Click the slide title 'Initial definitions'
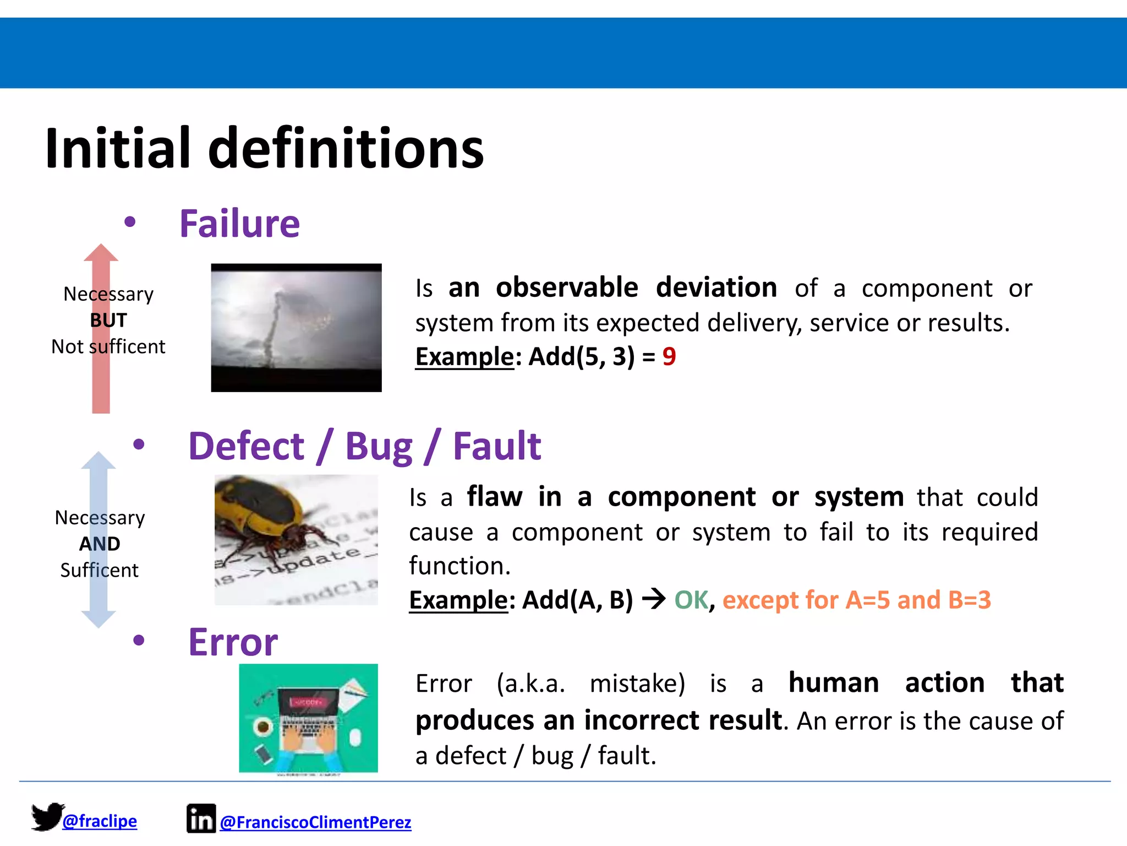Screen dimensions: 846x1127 coord(264,149)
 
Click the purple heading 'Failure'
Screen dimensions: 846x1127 coord(239,224)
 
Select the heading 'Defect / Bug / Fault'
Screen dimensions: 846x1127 coord(364,446)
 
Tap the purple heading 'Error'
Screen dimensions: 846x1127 coord(233,642)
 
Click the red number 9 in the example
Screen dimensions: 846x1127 coord(669,357)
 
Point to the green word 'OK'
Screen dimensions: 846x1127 coord(691,600)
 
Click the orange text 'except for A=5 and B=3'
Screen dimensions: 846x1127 coord(856,600)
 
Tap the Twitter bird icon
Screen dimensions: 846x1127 coord(46,816)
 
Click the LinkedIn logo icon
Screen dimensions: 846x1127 coord(201,818)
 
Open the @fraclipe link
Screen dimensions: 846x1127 coord(100,821)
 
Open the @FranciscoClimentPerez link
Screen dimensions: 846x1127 coord(315,822)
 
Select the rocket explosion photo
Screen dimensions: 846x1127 coord(296,328)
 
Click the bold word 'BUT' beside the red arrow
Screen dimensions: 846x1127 coord(108,321)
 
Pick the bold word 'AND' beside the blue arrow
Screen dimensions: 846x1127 coord(100,544)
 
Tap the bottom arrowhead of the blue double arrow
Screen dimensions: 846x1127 coord(99,619)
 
